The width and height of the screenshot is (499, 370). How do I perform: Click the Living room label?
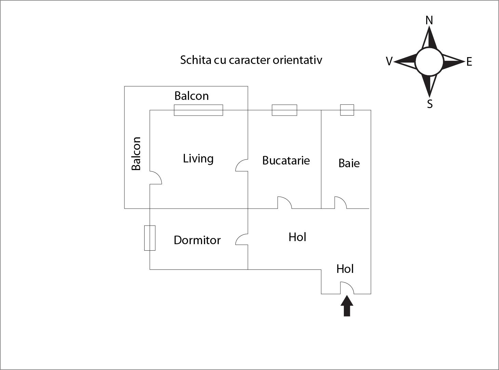[x=198, y=159]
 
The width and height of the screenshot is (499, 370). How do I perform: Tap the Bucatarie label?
[x=286, y=160]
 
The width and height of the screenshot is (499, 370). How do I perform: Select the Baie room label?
[x=349, y=163]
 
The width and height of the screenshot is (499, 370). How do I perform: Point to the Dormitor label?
[x=197, y=240]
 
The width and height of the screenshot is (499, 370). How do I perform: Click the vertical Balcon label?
[x=136, y=154]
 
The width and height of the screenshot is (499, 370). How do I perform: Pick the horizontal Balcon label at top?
[x=191, y=96]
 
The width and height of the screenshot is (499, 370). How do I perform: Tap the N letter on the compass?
[x=429, y=21]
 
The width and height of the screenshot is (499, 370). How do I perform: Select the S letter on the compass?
[x=430, y=104]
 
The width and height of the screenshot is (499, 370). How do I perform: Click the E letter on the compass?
[x=469, y=62]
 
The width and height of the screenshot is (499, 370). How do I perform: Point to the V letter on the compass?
[x=389, y=61]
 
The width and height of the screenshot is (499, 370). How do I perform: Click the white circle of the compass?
[x=429, y=62]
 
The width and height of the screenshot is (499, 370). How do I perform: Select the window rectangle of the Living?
[x=198, y=110]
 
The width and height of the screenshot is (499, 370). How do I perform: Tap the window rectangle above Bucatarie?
[x=284, y=110]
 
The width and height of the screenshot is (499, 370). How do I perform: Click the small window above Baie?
[x=347, y=110]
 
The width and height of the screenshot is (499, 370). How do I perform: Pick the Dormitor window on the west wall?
[x=150, y=238]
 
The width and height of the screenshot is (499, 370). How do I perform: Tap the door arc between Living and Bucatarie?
[x=241, y=165]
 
